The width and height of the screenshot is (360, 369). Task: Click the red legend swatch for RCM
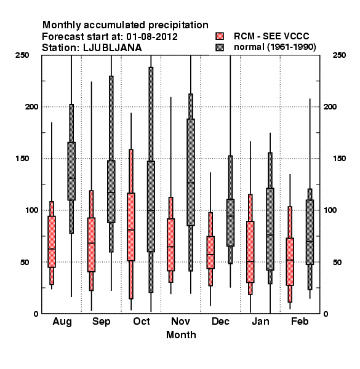point(220,36)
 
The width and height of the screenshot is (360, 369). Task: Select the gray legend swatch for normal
point(220,47)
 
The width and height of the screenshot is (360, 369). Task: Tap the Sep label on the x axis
point(102,322)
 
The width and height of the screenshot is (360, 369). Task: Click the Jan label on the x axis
point(260,321)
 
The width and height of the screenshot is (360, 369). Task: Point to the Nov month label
point(180,321)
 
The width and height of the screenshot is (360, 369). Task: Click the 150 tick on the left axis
point(22,159)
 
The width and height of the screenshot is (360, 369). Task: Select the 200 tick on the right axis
point(330,106)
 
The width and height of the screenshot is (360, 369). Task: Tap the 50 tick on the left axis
point(25,262)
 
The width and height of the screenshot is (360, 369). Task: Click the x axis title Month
point(181,335)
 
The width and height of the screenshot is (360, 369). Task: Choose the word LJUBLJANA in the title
point(113,48)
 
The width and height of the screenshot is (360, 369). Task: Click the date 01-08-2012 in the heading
point(152,37)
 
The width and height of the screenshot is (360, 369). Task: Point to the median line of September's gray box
point(111,192)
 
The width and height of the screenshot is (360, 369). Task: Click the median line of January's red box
point(250,261)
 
